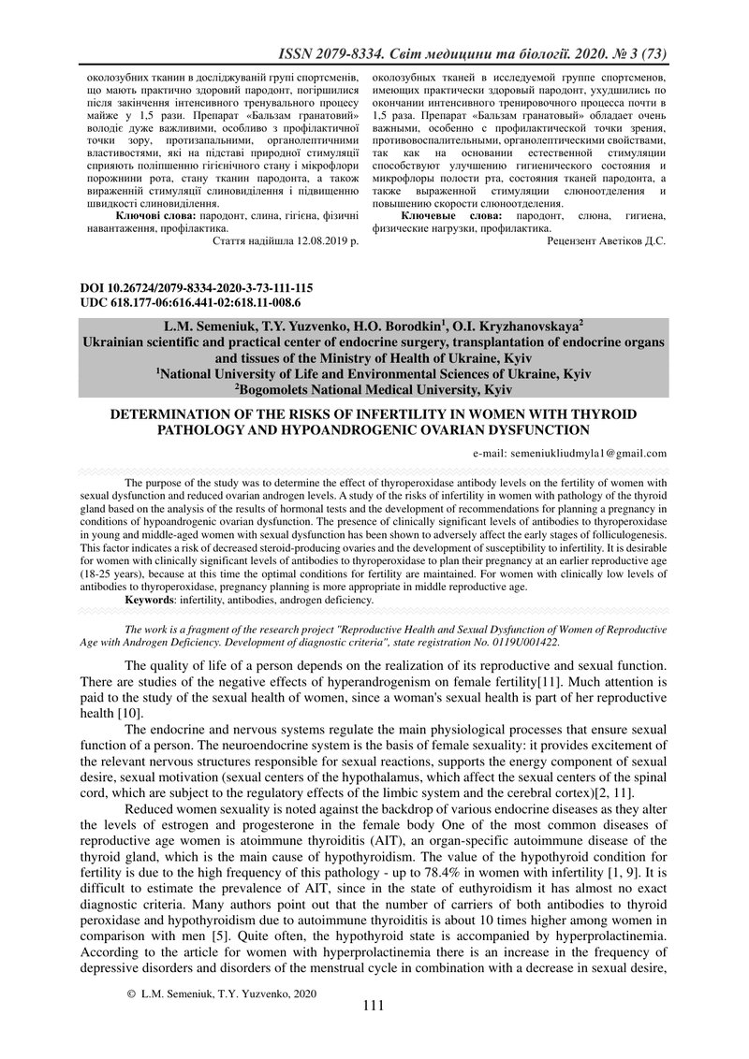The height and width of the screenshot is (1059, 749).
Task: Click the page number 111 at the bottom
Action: [x=374, y=1032]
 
